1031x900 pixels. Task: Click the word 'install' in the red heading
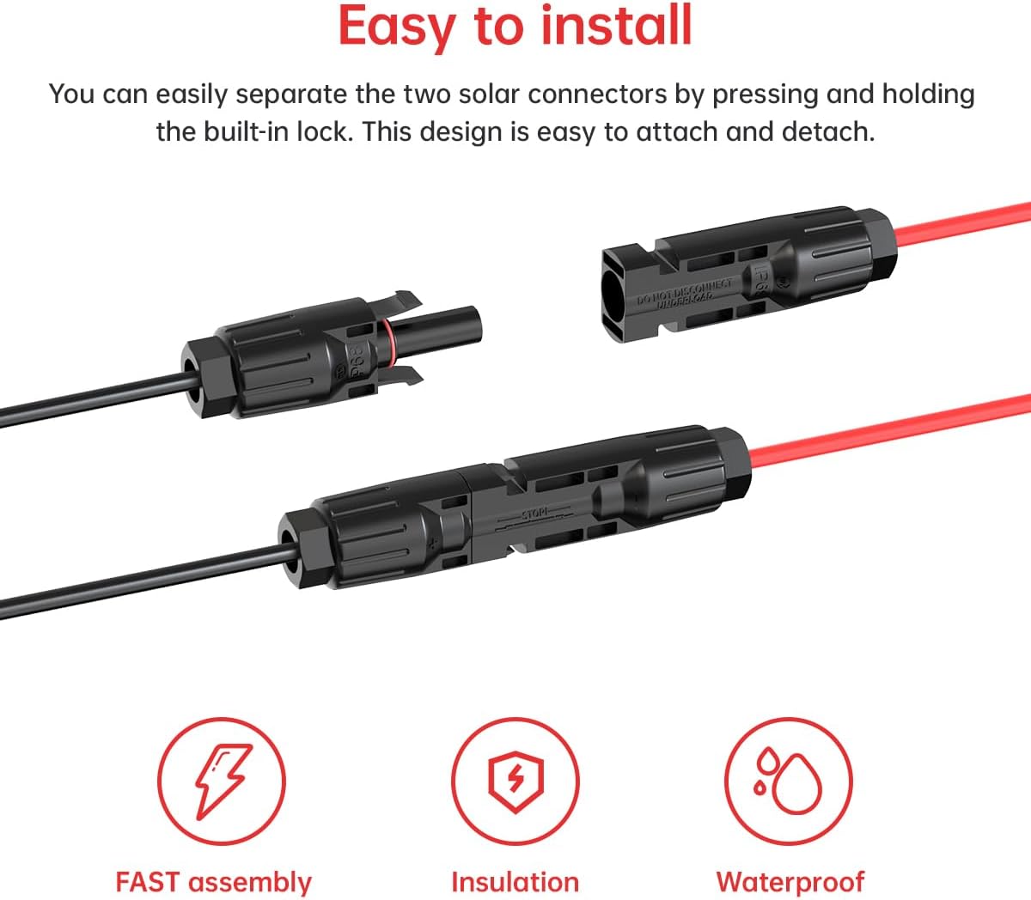coord(616,26)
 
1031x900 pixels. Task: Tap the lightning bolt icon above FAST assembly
coord(222,781)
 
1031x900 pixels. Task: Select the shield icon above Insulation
coord(515,781)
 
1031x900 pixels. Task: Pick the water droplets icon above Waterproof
coord(789,781)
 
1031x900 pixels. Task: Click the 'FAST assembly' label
coord(213,882)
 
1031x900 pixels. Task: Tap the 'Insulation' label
coord(515,882)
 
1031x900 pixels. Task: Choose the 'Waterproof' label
coord(790,882)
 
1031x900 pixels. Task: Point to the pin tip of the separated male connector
coord(473,325)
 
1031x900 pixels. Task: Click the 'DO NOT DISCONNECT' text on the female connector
coord(685,293)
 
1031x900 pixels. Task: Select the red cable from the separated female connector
coord(962,222)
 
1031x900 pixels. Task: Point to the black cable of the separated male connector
coord(86,405)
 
